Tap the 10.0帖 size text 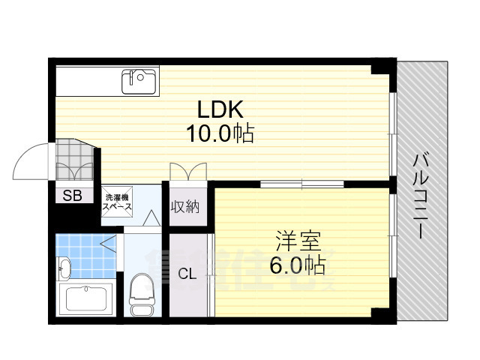click(x=219, y=134)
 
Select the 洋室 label click(x=297, y=241)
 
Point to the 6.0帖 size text click(x=297, y=265)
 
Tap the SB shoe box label click(x=73, y=196)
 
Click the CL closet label click(x=187, y=274)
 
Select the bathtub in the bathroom click(x=87, y=298)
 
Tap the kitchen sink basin click(x=139, y=78)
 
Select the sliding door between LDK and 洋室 click(x=301, y=184)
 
